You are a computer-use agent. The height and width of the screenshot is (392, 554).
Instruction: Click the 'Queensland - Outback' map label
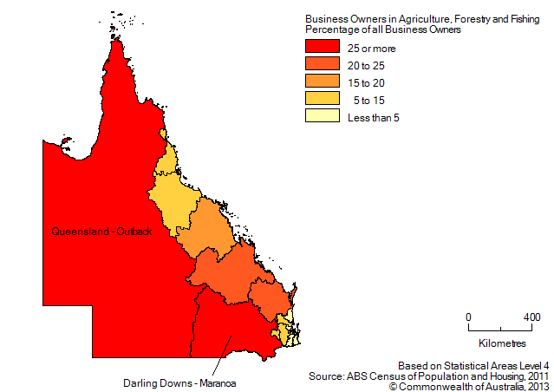click(101, 232)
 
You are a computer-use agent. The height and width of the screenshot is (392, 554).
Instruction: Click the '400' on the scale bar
click(532, 317)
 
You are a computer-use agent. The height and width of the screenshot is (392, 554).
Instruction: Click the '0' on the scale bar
click(468, 317)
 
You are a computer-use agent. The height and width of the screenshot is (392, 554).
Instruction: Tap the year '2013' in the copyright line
click(535, 386)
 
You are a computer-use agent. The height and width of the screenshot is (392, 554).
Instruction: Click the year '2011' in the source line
click(535, 376)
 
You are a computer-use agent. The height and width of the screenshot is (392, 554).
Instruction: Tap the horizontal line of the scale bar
click(500, 330)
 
